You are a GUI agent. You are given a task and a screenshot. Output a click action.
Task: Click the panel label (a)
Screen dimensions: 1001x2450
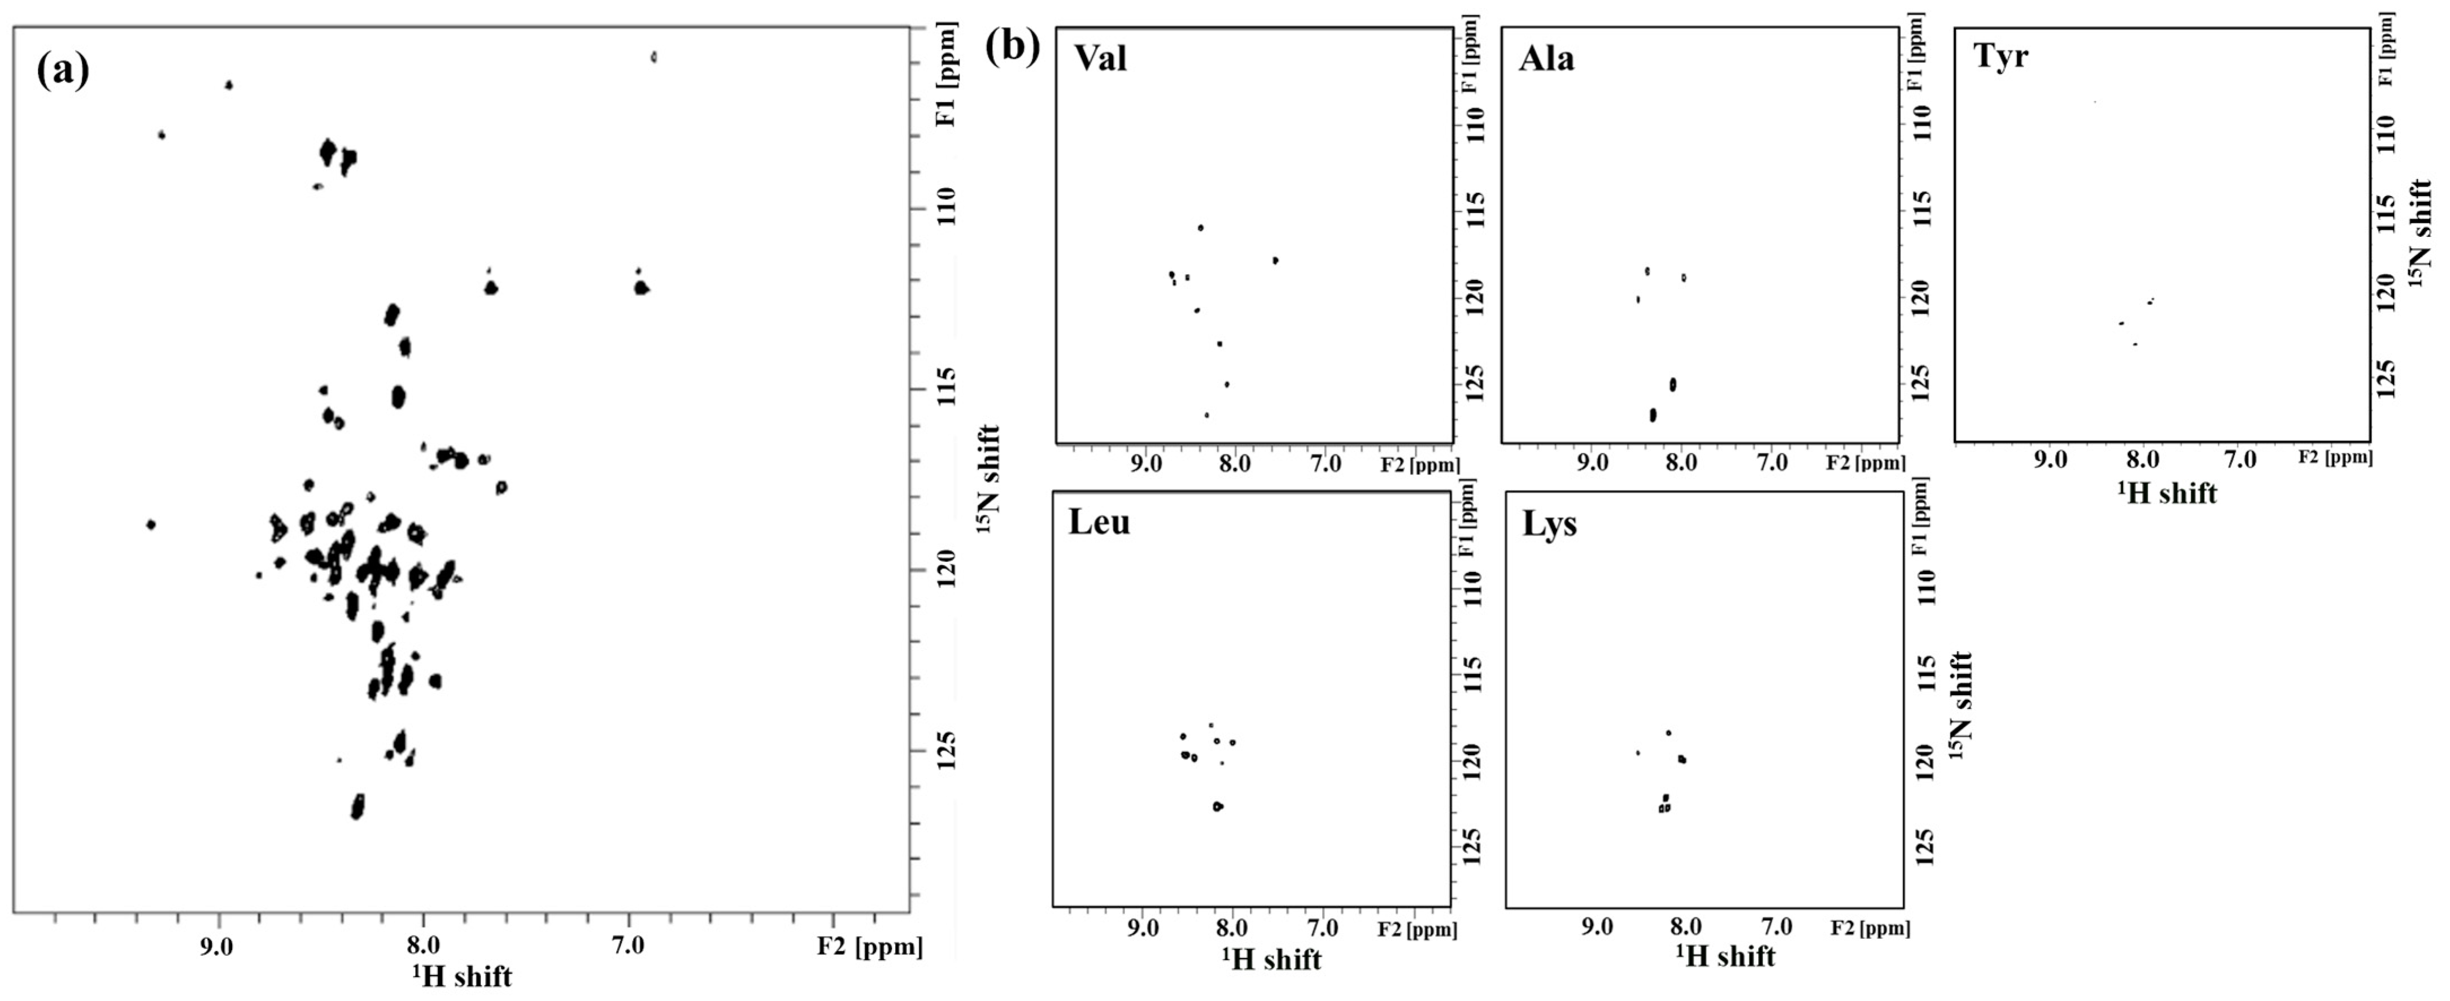[x=63, y=71]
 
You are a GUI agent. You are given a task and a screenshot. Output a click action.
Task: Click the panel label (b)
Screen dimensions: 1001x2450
[x=1013, y=46]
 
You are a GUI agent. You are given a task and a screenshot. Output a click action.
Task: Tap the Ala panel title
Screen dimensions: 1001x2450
[x=1546, y=59]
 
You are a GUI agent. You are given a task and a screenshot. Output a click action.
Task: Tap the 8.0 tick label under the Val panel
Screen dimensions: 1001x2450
[x=1236, y=465]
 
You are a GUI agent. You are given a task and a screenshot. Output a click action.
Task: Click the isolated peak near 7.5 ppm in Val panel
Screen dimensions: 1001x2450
[x=1275, y=260]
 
